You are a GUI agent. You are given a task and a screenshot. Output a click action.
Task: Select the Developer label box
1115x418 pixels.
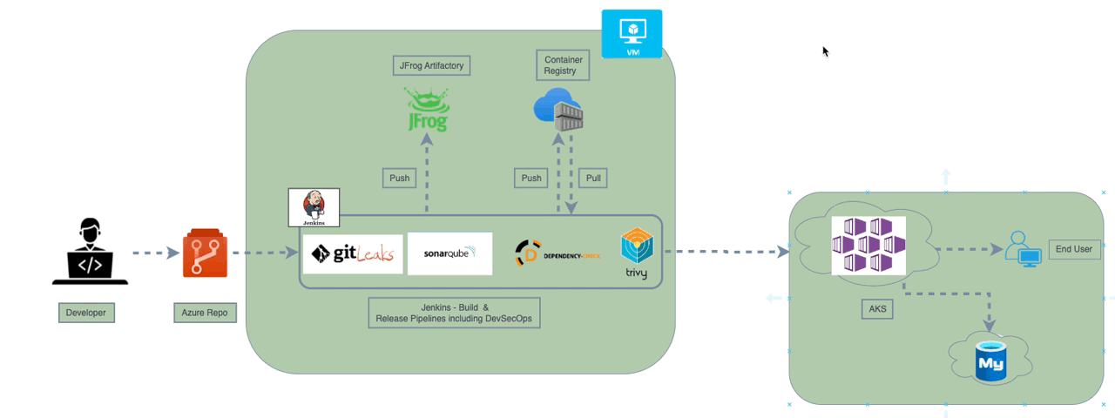pyautogui.click(x=86, y=313)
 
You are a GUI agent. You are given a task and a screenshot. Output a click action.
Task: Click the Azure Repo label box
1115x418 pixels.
pyautogui.click(x=204, y=313)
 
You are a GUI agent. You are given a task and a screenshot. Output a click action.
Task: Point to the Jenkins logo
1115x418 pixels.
pyautogui.click(x=314, y=207)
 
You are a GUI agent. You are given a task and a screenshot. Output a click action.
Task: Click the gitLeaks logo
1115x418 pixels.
pyautogui.click(x=353, y=254)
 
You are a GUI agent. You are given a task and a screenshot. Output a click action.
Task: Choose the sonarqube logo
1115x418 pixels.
pyautogui.click(x=449, y=253)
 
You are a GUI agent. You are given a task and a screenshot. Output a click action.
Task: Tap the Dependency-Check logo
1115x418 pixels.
pyautogui.click(x=557, y=255)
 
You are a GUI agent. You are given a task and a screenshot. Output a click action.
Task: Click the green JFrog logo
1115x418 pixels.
pyautogui.click(x=427, y=109)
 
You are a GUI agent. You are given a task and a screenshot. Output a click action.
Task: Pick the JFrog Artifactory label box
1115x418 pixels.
pyautogui.click(x=430, y=64)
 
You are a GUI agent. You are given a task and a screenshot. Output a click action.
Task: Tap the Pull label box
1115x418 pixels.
pyautogui.click(x=592, y=178)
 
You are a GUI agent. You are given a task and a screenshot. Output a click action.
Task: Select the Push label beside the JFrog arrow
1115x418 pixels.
pyautogui.click(x=399, y=178)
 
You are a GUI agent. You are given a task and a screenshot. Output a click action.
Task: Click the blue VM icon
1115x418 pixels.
pyautogui.click(x=632, y=34)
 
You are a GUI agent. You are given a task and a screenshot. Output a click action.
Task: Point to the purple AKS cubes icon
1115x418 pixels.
pyautogui.click(x=868, y=246)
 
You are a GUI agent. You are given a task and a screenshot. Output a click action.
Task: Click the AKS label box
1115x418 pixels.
pyautogui.click(x=876, y=308)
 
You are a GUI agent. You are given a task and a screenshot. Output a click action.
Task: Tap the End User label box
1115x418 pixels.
pyautogui.click(x=1073, y=249)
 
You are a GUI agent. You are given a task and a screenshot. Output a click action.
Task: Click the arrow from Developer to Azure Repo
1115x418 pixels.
pyautogui.click(x=154, y=253)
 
